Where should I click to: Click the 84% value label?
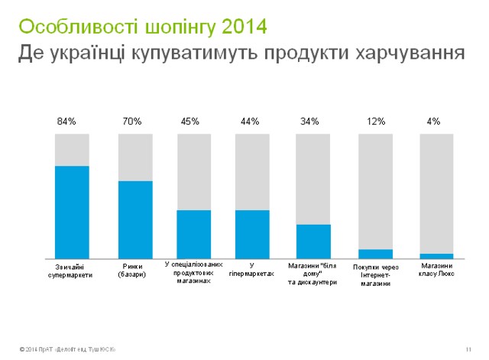[x=66, y=122]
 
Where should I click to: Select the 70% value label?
[x=132, y=122]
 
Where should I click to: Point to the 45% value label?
[x=190, y=122]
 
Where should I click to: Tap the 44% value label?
[x=250, y=122]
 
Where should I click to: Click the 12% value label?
[x=374, y=122]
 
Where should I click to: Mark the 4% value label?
[x=433, y=122]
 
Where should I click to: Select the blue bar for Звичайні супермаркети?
[x=72, y=212]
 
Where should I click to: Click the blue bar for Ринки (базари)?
[x=135, y=219]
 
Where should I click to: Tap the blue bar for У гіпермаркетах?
[x=252, y=234]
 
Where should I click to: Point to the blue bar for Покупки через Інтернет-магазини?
[x=375, y=254]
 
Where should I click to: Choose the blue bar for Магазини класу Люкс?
[x=436, y=256]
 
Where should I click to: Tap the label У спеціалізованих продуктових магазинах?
[x=194, y=272]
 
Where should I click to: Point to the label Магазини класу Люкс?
[x=437, y=270]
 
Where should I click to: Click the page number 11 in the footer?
[x=466, y=349]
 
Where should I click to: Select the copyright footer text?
[x=68, y=349]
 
